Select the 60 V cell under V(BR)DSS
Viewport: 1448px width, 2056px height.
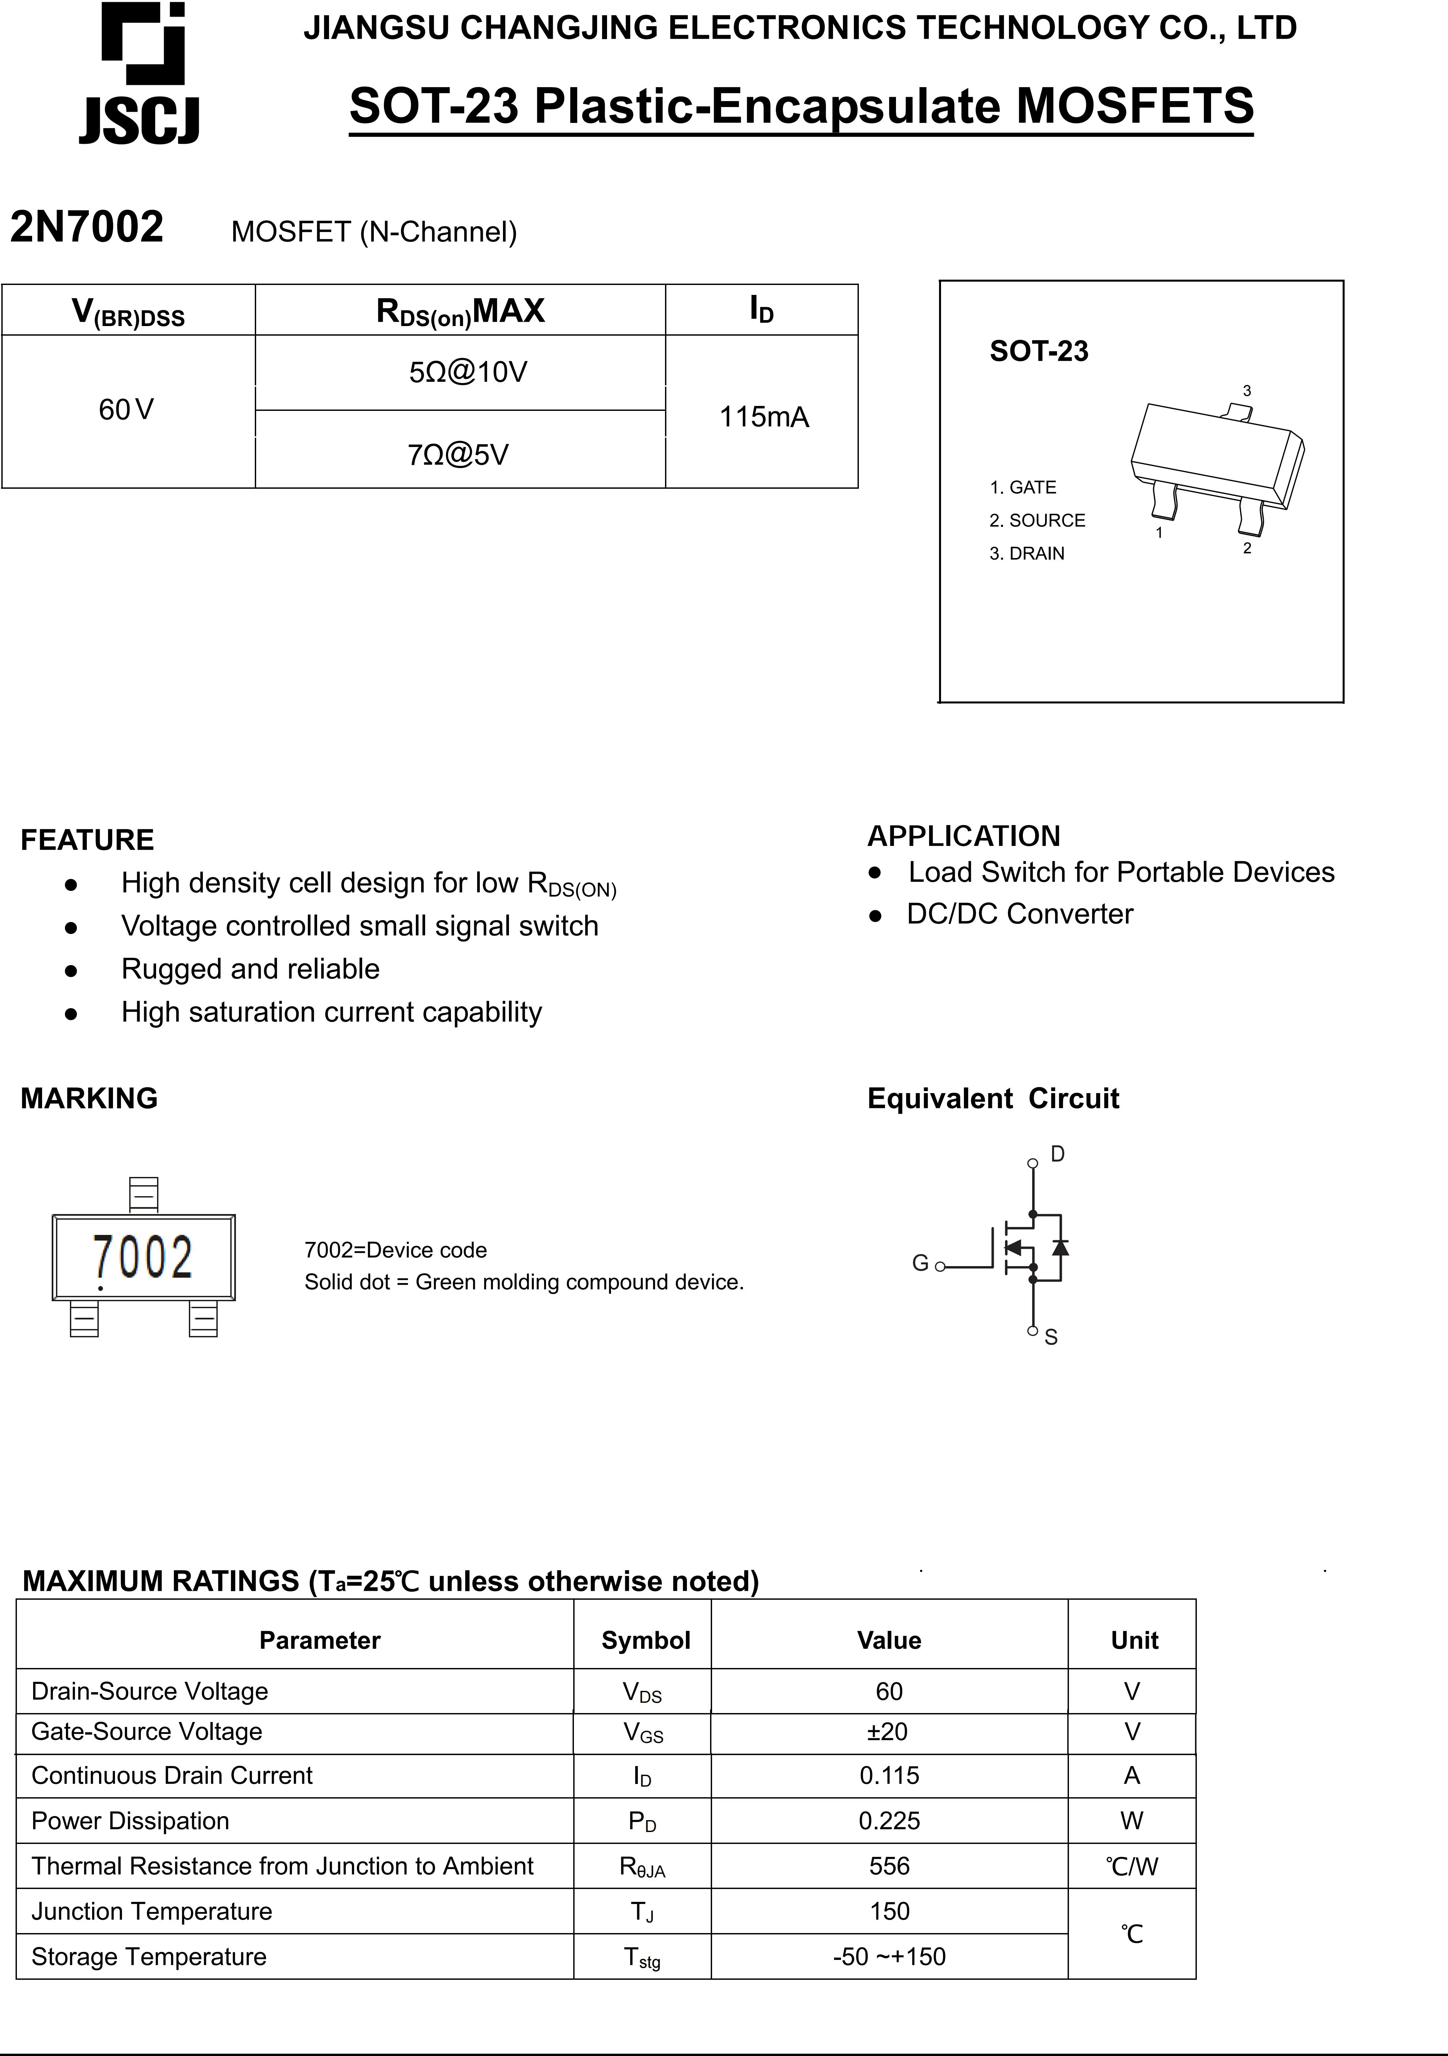[126, 410]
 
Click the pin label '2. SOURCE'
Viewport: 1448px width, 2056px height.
[1037, 520]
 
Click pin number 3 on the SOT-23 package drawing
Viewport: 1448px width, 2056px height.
[1247, 391]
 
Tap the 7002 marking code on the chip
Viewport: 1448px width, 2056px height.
[143, 1257]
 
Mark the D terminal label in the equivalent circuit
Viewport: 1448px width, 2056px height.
[1058, 1154]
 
